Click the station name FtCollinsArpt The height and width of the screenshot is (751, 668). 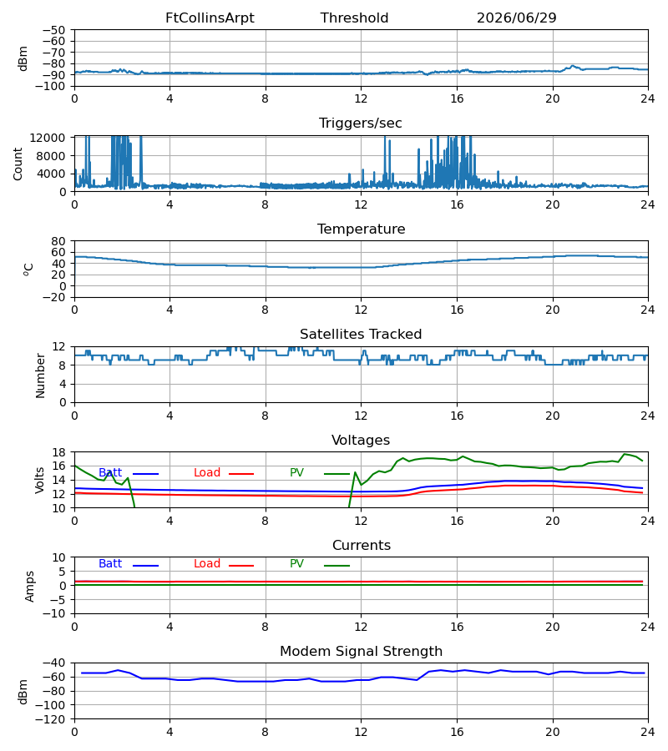210,18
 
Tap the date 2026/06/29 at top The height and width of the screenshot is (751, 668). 517,18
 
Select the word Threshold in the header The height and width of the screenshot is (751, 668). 354,18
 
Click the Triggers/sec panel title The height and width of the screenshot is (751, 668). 361,123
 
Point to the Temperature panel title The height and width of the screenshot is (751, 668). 362,229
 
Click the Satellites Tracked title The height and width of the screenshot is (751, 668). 361,335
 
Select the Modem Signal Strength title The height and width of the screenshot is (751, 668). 361,652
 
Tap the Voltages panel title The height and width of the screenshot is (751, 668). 361,440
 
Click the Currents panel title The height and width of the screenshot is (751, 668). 362,546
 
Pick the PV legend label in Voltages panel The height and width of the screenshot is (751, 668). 296,473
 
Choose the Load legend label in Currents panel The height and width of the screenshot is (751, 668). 207,564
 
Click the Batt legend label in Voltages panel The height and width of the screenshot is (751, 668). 110,473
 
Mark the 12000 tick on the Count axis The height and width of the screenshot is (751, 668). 48,138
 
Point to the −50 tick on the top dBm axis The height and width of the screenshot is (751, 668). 53,30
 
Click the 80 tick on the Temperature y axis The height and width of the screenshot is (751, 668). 58,241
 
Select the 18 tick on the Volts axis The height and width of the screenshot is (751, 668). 58,452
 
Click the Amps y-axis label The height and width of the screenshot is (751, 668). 30,587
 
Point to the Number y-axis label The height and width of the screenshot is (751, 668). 40,376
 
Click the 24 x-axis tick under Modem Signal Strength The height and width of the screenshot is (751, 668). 648,733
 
